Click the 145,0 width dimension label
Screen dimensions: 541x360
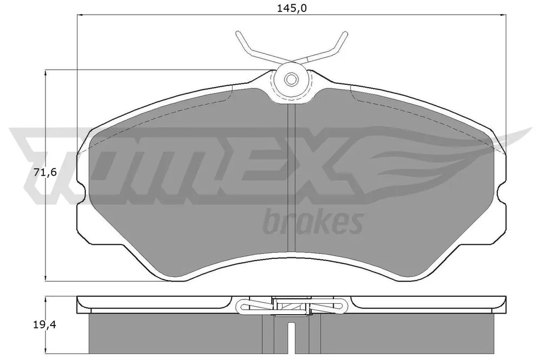292,8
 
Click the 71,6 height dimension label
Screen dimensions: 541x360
45,172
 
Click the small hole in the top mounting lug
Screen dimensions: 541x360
291,79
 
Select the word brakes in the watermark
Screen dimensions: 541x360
313,222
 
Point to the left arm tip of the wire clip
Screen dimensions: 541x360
237,33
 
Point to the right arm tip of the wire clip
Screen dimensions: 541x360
345,33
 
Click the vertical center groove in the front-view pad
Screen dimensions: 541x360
292,178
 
